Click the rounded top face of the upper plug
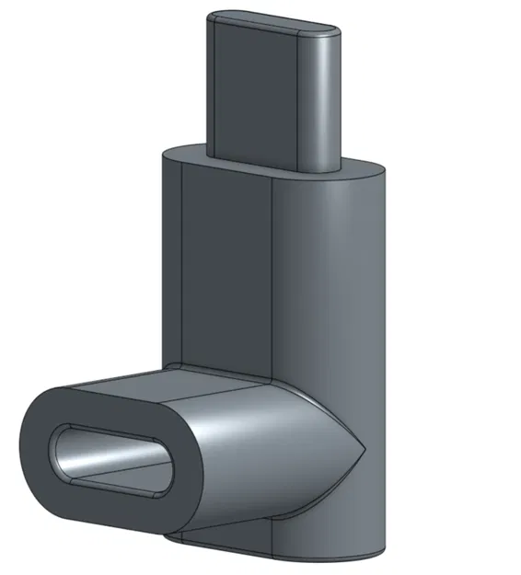272,22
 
